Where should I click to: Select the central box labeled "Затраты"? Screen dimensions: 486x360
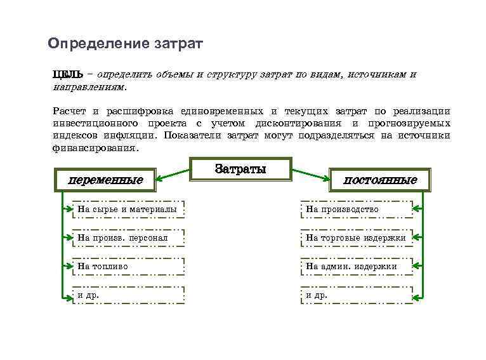click(x=240, y=170)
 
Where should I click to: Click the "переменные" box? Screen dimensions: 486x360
click(x=105, y=180)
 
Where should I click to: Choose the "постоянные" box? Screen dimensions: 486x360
click(x=380, y=180)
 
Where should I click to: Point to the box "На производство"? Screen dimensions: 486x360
click(x=356, y=209)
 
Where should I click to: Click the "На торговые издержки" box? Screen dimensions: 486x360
click(x=356, y=237)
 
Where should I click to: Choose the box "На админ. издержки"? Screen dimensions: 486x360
click(x=356, y=267)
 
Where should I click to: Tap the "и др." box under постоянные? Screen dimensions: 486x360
click(x=356, y=295)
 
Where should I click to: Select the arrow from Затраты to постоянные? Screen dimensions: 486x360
click(x=312, y=176)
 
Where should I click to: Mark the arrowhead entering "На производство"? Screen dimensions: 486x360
click(x=417, y=209)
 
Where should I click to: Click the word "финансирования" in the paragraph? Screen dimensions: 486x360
click(x=94, y=147)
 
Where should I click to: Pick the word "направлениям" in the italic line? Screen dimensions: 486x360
click(x=89, y=86)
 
